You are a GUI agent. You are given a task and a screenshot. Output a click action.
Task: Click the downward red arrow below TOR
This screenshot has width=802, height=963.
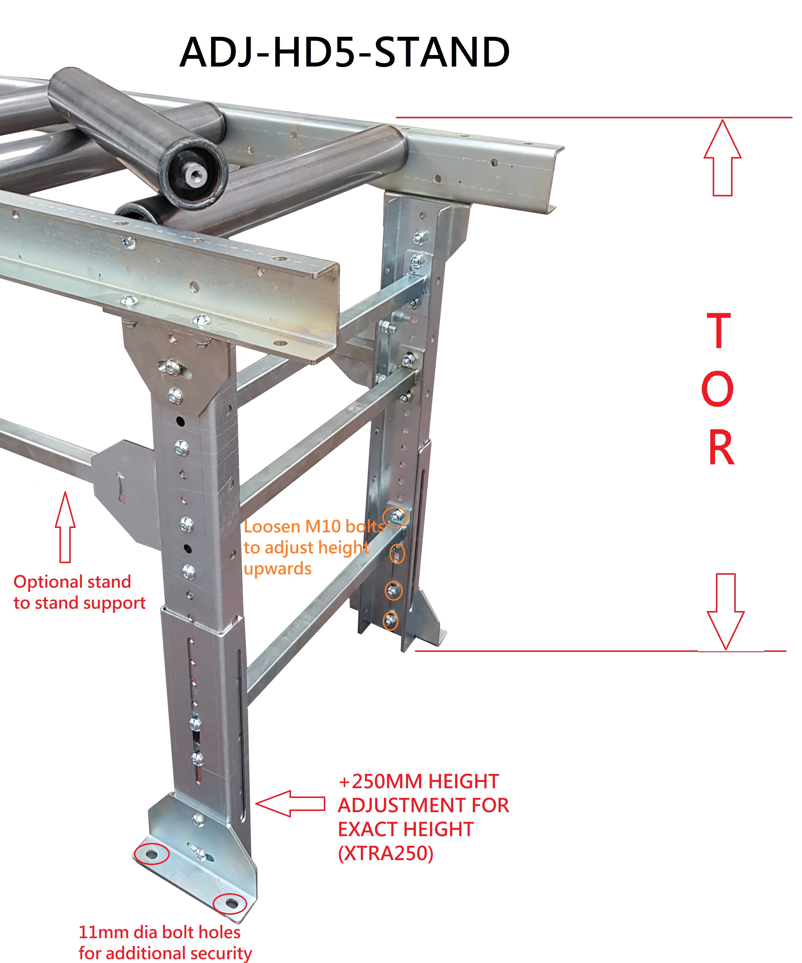coord(725,611)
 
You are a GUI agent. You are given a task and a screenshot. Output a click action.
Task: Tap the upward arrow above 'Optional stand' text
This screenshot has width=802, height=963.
coord(65,527)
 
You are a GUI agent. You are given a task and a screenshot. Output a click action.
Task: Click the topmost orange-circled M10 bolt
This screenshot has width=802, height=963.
coord(395,517)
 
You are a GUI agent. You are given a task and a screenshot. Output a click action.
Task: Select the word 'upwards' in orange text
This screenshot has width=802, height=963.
coord(277,569)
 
